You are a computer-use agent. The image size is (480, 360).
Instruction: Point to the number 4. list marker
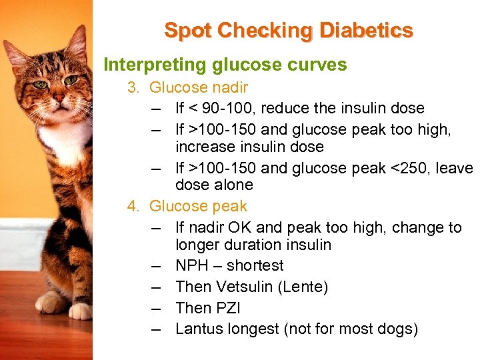point(134,206)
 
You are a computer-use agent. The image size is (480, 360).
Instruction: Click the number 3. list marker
point(134,87)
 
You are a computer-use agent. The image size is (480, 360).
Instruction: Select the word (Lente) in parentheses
point(305,287)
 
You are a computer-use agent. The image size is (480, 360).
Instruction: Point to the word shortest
point(255,265)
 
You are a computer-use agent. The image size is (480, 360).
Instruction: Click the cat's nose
point(59,98)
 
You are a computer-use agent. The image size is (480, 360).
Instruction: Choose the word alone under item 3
point(233,185)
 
